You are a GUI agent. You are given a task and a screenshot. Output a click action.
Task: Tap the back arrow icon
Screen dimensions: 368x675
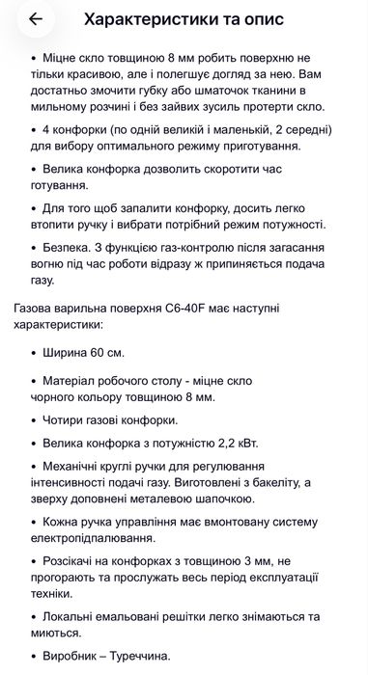[36, 18]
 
